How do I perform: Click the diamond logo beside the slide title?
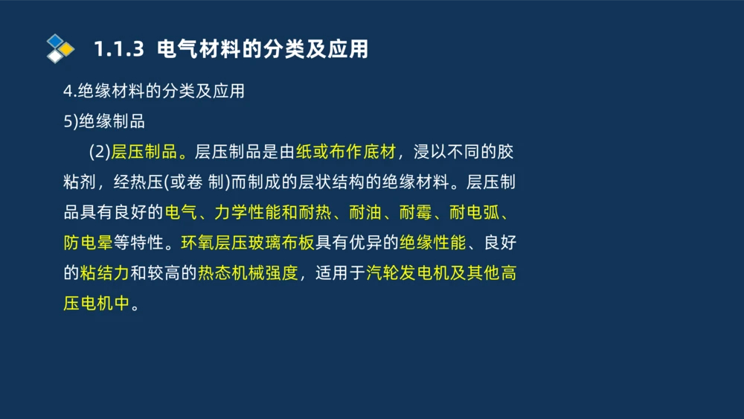(x=60, y=48)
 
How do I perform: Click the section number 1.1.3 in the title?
(x=118, y=50)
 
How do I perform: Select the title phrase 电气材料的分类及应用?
(x=263, y=50)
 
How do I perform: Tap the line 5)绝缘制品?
(x=104, y=122)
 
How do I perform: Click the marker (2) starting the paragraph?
(x=99, y=153)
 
